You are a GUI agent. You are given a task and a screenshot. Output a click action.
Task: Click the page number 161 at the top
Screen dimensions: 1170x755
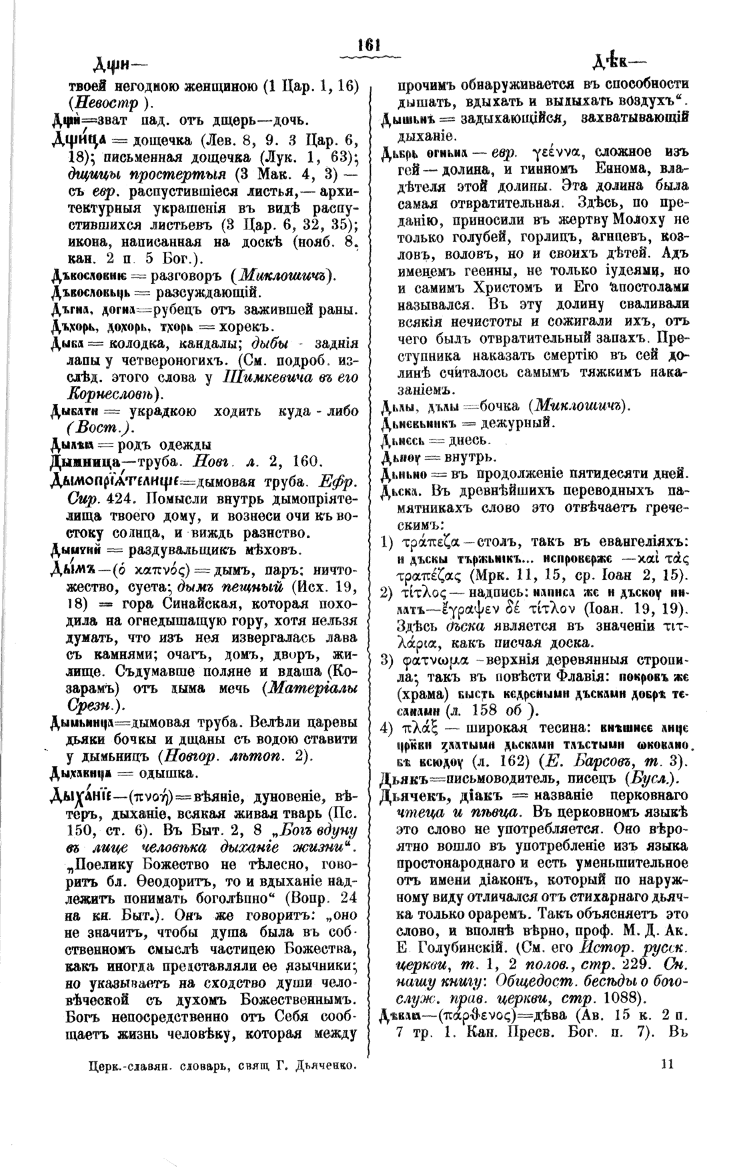[368, 45]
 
